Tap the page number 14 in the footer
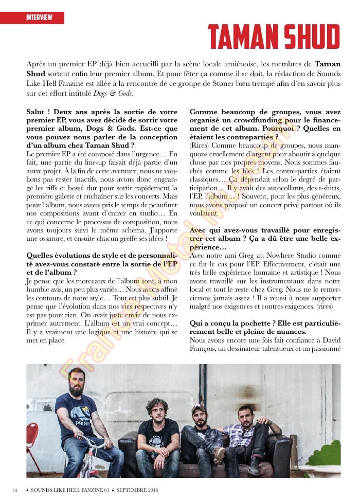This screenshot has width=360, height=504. (15, 489)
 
